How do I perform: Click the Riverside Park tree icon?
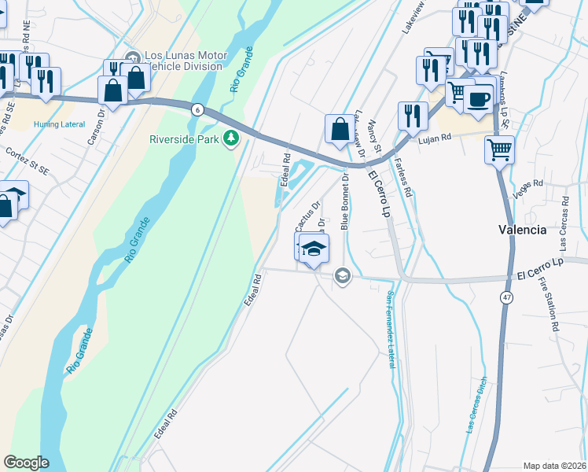tap(231, 140)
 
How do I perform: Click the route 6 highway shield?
tap(197, 110)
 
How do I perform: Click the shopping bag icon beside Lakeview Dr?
tap(340, 131)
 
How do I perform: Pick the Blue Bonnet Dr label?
tap(344, 200)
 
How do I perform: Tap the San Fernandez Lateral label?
tap(391, 330)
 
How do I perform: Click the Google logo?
tap(26, 463)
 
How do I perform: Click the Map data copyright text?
tap(554, 466)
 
